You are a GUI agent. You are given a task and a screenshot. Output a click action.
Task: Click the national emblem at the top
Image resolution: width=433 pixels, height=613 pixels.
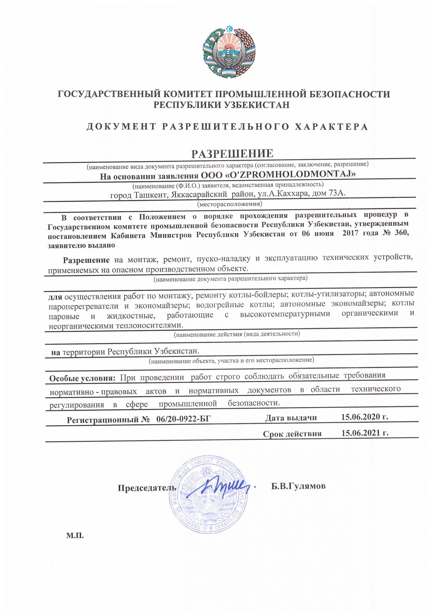[229, 52]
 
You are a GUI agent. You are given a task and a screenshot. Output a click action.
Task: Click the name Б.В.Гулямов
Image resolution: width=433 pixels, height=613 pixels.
[298, 486]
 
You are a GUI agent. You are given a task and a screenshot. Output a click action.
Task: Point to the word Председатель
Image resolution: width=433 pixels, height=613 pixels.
[147, 488]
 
